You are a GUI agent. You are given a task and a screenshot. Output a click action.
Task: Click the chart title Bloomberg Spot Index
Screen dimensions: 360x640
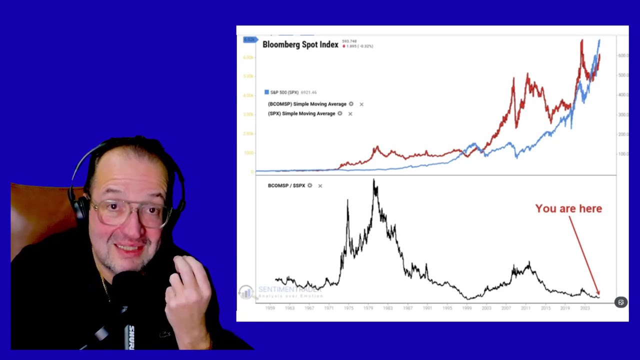(x=300, y=44)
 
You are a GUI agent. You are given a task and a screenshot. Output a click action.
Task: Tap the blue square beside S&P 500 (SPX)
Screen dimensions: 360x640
(x=266, y=92)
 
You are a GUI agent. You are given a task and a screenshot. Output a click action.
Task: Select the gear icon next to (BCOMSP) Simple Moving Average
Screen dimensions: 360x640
(x=351, y=104)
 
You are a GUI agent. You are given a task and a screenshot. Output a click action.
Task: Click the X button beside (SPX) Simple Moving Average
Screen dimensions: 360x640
(x=350, y=114)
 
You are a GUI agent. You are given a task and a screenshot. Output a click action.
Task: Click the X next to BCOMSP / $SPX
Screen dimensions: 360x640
(x=320, y=186)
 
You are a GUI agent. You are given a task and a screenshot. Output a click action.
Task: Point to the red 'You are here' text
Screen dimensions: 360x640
(x=568, y=208)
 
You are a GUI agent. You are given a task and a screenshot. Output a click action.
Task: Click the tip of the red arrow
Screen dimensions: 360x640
(x=598, y=295)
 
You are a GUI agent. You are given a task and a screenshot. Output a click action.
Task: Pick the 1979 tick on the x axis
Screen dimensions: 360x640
(x=368, y=308)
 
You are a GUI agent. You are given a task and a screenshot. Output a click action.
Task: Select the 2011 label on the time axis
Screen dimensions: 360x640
(x=525, y=308)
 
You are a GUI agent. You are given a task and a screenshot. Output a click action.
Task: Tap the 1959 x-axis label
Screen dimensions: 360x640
(x=270, y=308)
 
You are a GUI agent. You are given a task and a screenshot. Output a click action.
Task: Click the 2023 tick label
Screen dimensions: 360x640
(x=584, y=308)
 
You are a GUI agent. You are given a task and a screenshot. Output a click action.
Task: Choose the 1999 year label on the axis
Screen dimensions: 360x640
(x=466, y=308)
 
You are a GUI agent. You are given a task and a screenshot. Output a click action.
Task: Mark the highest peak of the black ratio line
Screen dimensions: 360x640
(x=374, y=180)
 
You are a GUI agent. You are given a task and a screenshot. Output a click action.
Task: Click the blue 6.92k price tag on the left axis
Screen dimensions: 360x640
(x=249, y=39)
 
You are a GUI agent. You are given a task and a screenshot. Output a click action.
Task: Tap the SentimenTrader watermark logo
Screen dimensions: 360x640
(x=245, y=292)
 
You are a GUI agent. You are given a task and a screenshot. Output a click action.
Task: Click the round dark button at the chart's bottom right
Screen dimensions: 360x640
(x=620, y=302)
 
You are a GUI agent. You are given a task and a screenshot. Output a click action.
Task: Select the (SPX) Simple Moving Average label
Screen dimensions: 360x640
(x=301, y=113)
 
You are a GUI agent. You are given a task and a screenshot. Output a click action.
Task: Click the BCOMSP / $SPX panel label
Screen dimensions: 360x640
(x=286, y=185)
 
